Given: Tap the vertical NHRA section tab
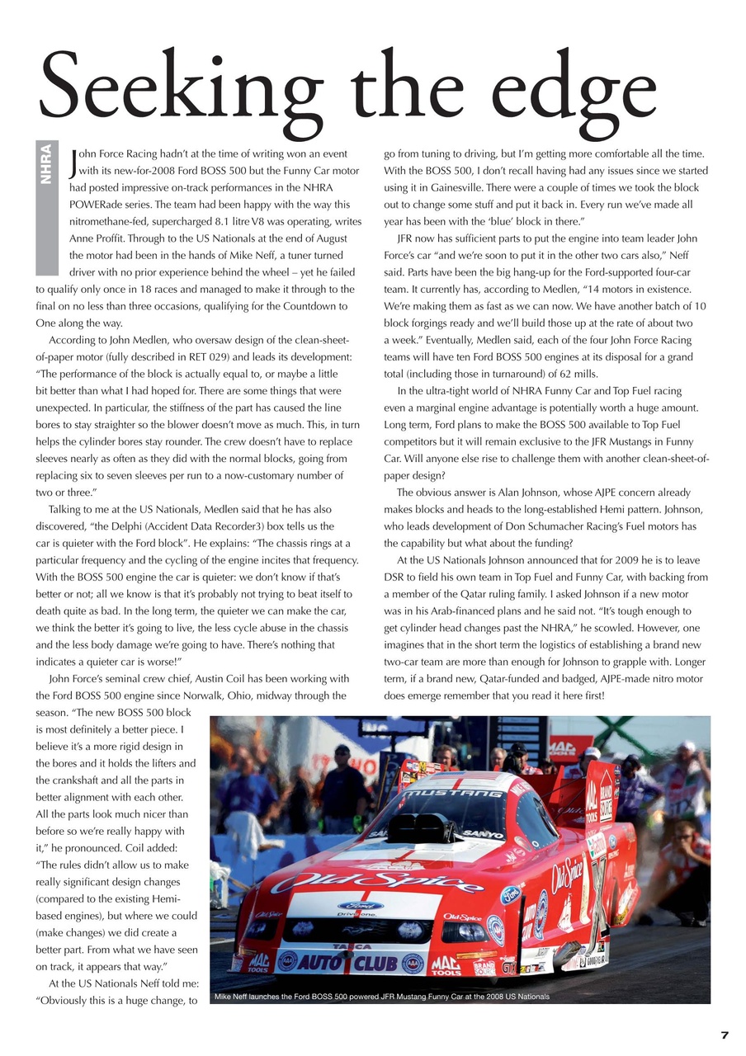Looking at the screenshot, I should (x=47, y=165).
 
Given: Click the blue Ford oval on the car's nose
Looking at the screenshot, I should (x=360, y=905).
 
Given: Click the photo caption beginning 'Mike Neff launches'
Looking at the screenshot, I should (x=381, y=997).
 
